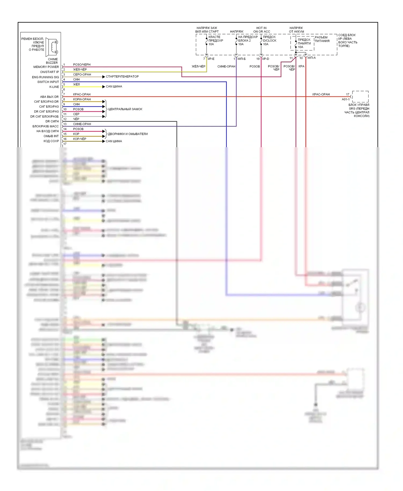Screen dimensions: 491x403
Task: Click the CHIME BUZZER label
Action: point(52,61)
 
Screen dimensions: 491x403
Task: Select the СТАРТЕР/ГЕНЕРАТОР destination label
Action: point(122,77)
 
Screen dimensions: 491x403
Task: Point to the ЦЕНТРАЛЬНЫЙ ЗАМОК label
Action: point(125,109)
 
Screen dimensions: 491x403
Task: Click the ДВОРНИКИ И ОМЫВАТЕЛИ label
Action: point(128,134)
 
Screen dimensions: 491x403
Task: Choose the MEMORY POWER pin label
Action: point(46,67)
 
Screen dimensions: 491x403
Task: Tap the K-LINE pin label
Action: point(54,87)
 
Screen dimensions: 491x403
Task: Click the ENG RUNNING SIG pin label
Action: point(45,77)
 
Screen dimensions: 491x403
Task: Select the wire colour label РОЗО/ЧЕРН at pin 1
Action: point(82,64)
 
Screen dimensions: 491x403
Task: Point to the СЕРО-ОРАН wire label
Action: point(82,74)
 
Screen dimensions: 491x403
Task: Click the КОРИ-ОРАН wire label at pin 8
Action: point(82,99)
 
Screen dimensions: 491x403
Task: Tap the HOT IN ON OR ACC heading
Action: point(261,30)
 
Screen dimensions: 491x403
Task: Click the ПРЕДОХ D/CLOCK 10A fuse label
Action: point(269,41)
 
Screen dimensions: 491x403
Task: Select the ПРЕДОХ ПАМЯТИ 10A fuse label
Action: point(304,43)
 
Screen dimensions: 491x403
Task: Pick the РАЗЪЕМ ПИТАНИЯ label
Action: point(322,39)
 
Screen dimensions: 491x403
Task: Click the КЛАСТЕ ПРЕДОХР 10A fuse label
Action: point(216,41)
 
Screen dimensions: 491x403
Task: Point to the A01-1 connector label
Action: point(346,99)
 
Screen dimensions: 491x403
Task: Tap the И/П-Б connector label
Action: point(242,59)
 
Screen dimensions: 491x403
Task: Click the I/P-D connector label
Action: point(265,59)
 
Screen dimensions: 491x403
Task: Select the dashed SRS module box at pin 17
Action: point(360,96)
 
